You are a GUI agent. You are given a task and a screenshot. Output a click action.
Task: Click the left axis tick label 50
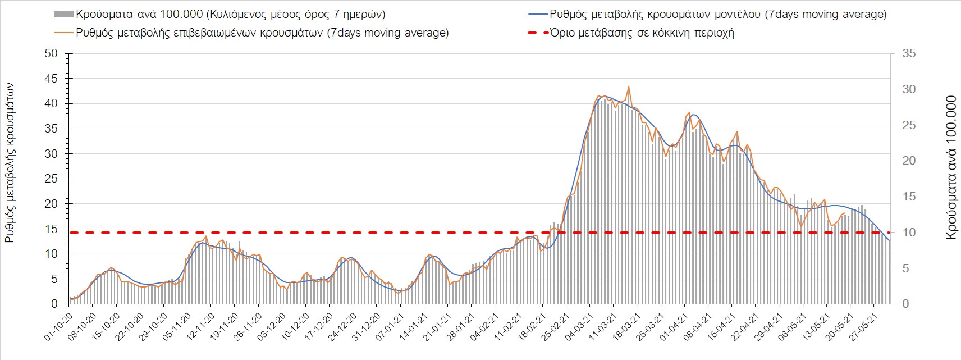tap(51, 54)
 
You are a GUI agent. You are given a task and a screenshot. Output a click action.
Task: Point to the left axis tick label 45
tap(51, 79)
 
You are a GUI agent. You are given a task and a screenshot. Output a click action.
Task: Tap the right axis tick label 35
tap(909, 54)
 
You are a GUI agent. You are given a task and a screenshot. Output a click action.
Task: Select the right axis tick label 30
tap(909, 90)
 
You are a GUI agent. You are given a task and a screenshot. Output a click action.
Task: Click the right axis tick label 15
tap(909, 197)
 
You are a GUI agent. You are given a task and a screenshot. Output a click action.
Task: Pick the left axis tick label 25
tap(51, 179)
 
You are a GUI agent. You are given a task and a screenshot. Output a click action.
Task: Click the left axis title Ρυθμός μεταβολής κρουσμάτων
tap(10, 163)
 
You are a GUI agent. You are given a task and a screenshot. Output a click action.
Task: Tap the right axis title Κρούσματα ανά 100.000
tap(951, 168)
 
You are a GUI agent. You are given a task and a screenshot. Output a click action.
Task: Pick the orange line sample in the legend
tap(63, 33)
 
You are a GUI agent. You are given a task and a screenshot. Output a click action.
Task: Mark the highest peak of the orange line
tap(629, 87)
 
